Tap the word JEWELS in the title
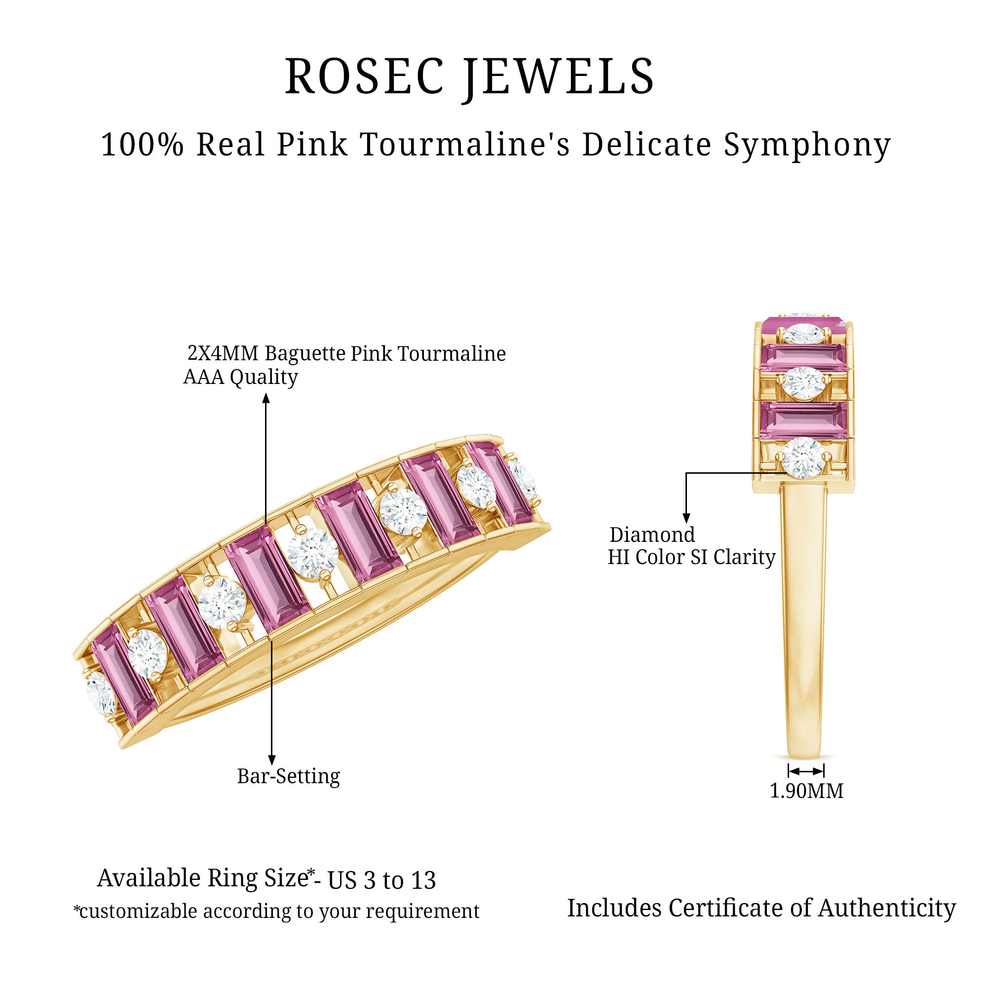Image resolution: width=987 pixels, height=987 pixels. (559, 76)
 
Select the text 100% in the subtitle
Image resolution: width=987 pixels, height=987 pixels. (142, 145)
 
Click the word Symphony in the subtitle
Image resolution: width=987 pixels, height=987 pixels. (807, 146)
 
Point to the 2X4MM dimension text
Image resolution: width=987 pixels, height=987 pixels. (223, 353)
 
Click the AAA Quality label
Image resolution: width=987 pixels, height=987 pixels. (240, 377)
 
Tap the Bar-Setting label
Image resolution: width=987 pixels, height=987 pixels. (288, 776)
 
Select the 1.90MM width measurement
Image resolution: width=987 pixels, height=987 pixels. (806, 791)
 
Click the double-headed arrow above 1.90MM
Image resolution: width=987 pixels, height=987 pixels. (806, 771)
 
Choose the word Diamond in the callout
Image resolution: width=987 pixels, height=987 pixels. (652, 535)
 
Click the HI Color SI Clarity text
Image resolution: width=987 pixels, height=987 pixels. (691, 557)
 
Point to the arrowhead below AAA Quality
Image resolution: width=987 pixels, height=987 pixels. (266, 398)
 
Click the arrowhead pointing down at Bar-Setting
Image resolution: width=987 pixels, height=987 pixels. (272, 760)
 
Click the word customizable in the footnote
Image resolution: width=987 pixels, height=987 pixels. (138, 911)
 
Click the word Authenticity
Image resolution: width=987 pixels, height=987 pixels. (887, 909)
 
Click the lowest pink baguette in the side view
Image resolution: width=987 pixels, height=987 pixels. (803, 420)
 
